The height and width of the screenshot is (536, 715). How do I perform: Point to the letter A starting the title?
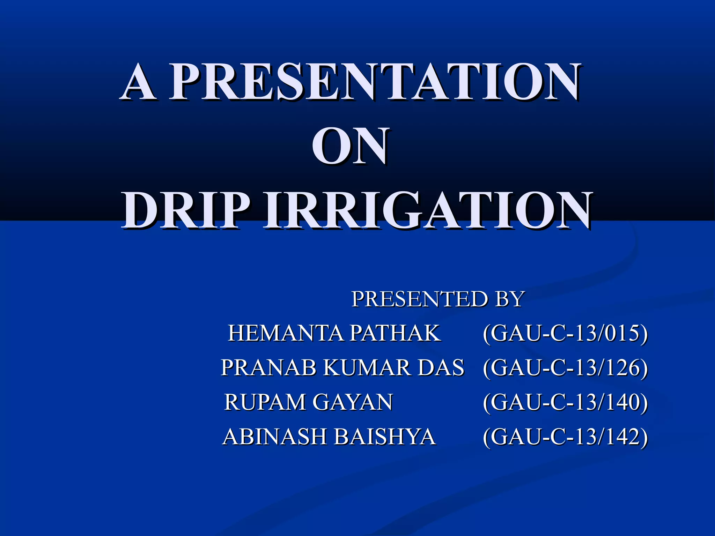(x=139, y=83)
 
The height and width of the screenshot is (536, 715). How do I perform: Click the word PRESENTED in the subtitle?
(x=419, y=299)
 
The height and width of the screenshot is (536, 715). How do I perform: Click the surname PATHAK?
(x=395, y=333)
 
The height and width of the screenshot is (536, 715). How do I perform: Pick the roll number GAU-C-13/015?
(x=565, y=334)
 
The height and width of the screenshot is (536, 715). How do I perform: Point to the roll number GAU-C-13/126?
(x=565, y=368)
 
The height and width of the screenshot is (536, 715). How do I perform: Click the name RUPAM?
(x=265, y=402)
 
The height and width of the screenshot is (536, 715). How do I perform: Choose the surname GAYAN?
(x=353, y=402)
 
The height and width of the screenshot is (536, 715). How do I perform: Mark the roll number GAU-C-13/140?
(x=565, y=403)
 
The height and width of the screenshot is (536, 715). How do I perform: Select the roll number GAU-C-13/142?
(x=565, y=437)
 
